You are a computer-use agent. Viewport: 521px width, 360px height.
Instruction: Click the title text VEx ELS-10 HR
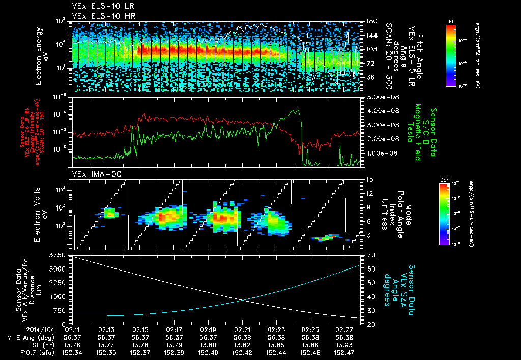coord(99,16)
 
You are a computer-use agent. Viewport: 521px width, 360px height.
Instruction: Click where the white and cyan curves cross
coord(244,300)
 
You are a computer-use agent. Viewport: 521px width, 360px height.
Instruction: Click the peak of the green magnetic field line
coord(297,109)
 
